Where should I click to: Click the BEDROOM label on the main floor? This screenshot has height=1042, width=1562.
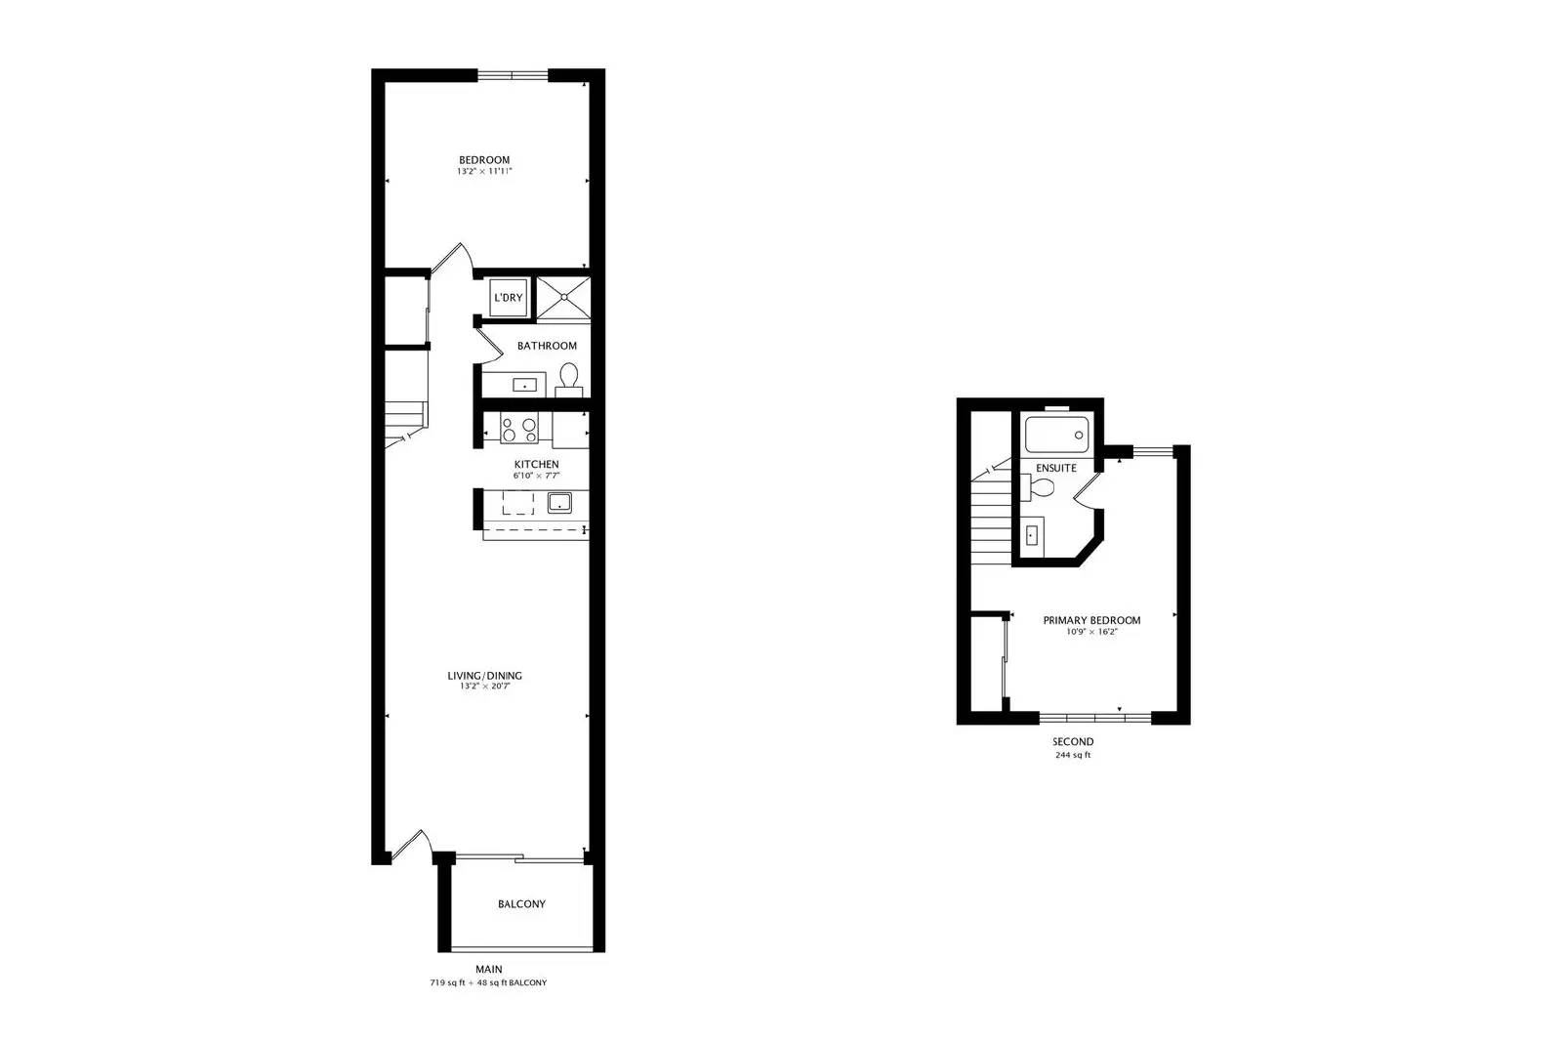(484, 160)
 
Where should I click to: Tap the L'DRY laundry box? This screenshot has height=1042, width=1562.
(509, 298)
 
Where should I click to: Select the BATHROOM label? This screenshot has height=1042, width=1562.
(547, 346)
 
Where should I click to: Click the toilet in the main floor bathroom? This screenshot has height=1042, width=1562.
(569, 380)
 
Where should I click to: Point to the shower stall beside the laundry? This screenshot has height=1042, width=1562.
(562, 298)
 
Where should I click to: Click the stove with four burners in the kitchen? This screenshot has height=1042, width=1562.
(519, 429)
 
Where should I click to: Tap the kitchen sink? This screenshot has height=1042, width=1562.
(559, 502)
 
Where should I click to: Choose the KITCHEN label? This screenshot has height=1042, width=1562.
(536, 465)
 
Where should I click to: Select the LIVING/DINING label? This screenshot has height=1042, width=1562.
(484, 676)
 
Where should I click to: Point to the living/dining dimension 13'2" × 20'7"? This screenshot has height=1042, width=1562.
(484, 687)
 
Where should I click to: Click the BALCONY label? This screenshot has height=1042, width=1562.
(521, 904)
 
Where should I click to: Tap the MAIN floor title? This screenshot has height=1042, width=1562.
(489, 970)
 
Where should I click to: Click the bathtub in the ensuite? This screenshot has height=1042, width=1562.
(1056, 435)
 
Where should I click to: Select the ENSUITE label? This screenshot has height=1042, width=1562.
(1055, 468)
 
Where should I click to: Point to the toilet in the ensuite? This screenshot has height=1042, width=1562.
(1038, 487)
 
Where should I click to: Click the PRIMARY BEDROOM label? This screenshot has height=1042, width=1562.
(1092, 621)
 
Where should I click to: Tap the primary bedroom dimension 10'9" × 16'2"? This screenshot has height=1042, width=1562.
(1092, 633)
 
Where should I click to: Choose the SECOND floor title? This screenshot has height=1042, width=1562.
(1073, 742)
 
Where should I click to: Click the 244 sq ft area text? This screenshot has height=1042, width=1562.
(1073, 755)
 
